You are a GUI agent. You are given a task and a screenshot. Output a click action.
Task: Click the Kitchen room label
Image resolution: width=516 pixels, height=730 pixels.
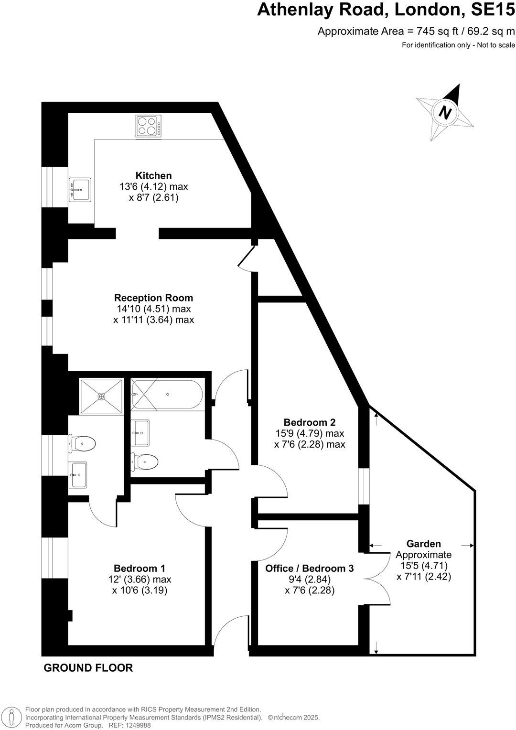point(153,175)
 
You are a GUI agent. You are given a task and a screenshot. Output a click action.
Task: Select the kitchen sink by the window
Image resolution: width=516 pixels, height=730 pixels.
point(80,189)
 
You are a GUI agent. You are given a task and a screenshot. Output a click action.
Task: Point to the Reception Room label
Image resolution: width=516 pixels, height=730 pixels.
point(153,298)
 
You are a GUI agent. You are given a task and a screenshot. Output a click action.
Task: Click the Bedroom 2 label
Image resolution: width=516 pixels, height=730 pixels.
point(309,422)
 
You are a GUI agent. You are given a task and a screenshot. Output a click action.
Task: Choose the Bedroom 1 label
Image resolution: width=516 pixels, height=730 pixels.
point(139,568)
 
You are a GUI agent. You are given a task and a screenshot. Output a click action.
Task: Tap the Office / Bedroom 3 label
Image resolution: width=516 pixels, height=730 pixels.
point(309,568)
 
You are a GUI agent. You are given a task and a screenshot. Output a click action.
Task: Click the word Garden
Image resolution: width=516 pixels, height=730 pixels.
point(423,544)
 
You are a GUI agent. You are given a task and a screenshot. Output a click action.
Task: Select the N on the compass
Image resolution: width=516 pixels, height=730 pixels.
point(445,113)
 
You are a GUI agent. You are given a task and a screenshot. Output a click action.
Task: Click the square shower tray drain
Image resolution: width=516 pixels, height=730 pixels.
point(101,396)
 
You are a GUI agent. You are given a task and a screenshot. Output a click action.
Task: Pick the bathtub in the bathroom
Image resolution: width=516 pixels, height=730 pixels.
point(167,394)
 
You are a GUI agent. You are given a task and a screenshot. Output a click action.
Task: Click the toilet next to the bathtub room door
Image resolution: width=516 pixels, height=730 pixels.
point(145,462)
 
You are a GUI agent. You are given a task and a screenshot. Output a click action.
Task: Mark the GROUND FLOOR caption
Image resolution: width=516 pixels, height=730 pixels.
point(88,668)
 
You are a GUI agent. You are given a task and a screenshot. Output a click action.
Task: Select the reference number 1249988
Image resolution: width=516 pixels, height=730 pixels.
point(137,725)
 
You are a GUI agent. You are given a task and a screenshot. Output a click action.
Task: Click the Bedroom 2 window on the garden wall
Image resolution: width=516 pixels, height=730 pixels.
point(364,486)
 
